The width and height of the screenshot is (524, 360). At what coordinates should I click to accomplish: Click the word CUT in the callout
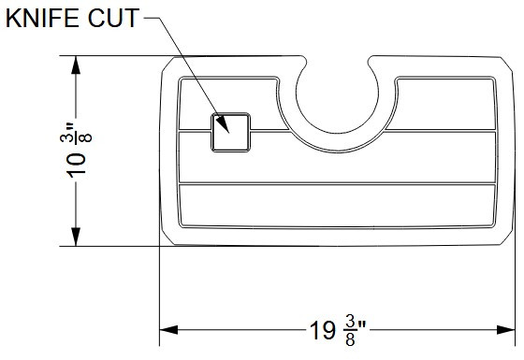coord(116,19)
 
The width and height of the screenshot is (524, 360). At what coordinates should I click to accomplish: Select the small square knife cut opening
coord(230,132)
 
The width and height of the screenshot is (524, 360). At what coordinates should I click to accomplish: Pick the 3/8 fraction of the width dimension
coord(349,331)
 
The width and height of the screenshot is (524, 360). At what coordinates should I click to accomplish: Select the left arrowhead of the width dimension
coord(167,329)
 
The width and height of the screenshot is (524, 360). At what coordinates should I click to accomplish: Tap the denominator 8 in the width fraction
coord(349,340)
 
